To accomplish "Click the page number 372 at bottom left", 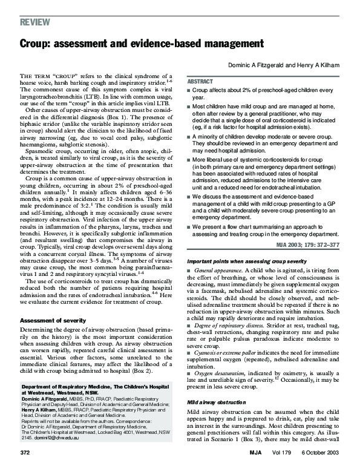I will point(25,452).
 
